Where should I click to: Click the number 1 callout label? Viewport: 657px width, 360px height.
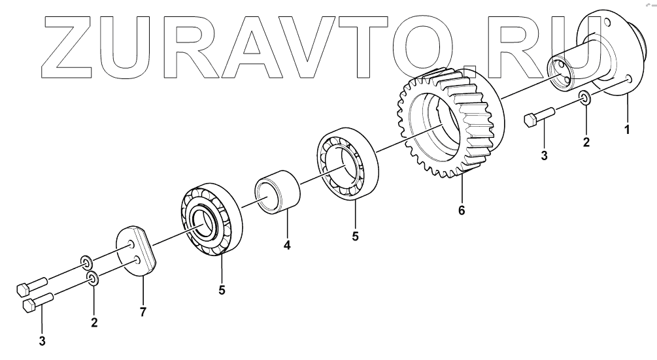coord(626,129)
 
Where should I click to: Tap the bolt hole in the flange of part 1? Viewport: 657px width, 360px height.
coord(630,79)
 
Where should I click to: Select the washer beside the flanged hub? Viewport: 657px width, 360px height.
coord(585,99)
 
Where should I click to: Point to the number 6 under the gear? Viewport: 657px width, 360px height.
coord(462,211)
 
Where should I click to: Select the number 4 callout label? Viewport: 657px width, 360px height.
coord(286,246)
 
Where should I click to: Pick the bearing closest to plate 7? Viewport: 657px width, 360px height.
coord(211,220)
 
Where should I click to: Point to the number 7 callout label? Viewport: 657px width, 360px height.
coord(143,312)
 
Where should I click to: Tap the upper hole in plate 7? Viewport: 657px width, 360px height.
coord(132,244)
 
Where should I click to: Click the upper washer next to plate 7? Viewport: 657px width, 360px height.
coord(86,263)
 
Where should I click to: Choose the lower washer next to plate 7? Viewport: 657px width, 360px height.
coord(93,280)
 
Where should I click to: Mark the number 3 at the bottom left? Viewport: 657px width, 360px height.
coord(42,340)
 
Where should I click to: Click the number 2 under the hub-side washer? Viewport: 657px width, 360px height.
coord(586,142)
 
